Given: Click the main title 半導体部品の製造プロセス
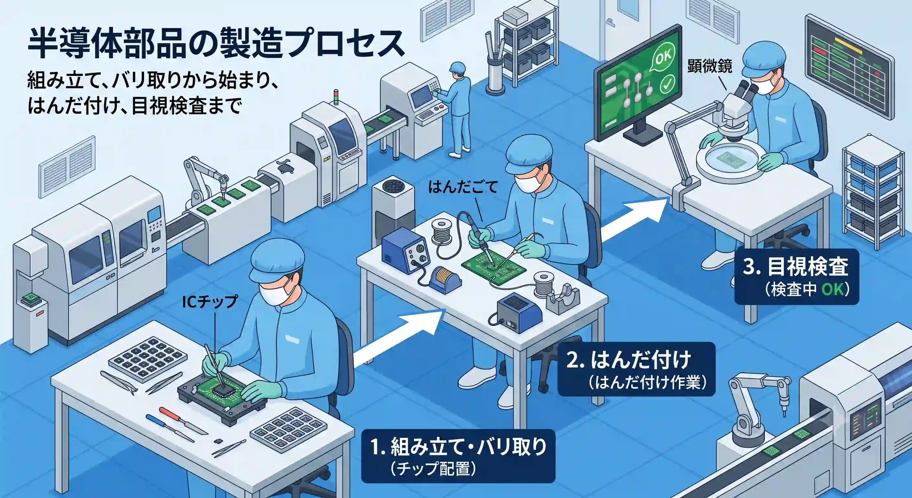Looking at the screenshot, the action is (x=216, y=44).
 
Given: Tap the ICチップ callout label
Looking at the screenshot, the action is (x=210, y=302).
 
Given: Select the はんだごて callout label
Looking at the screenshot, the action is (x=463, y=187).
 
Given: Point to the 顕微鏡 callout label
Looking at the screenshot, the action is (x=710, y=66).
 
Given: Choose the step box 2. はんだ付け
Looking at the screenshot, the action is (x=636, y=369).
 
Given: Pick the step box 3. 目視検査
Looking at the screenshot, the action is (x=797, y=277).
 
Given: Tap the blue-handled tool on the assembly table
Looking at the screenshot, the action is (x=170, y=429).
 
